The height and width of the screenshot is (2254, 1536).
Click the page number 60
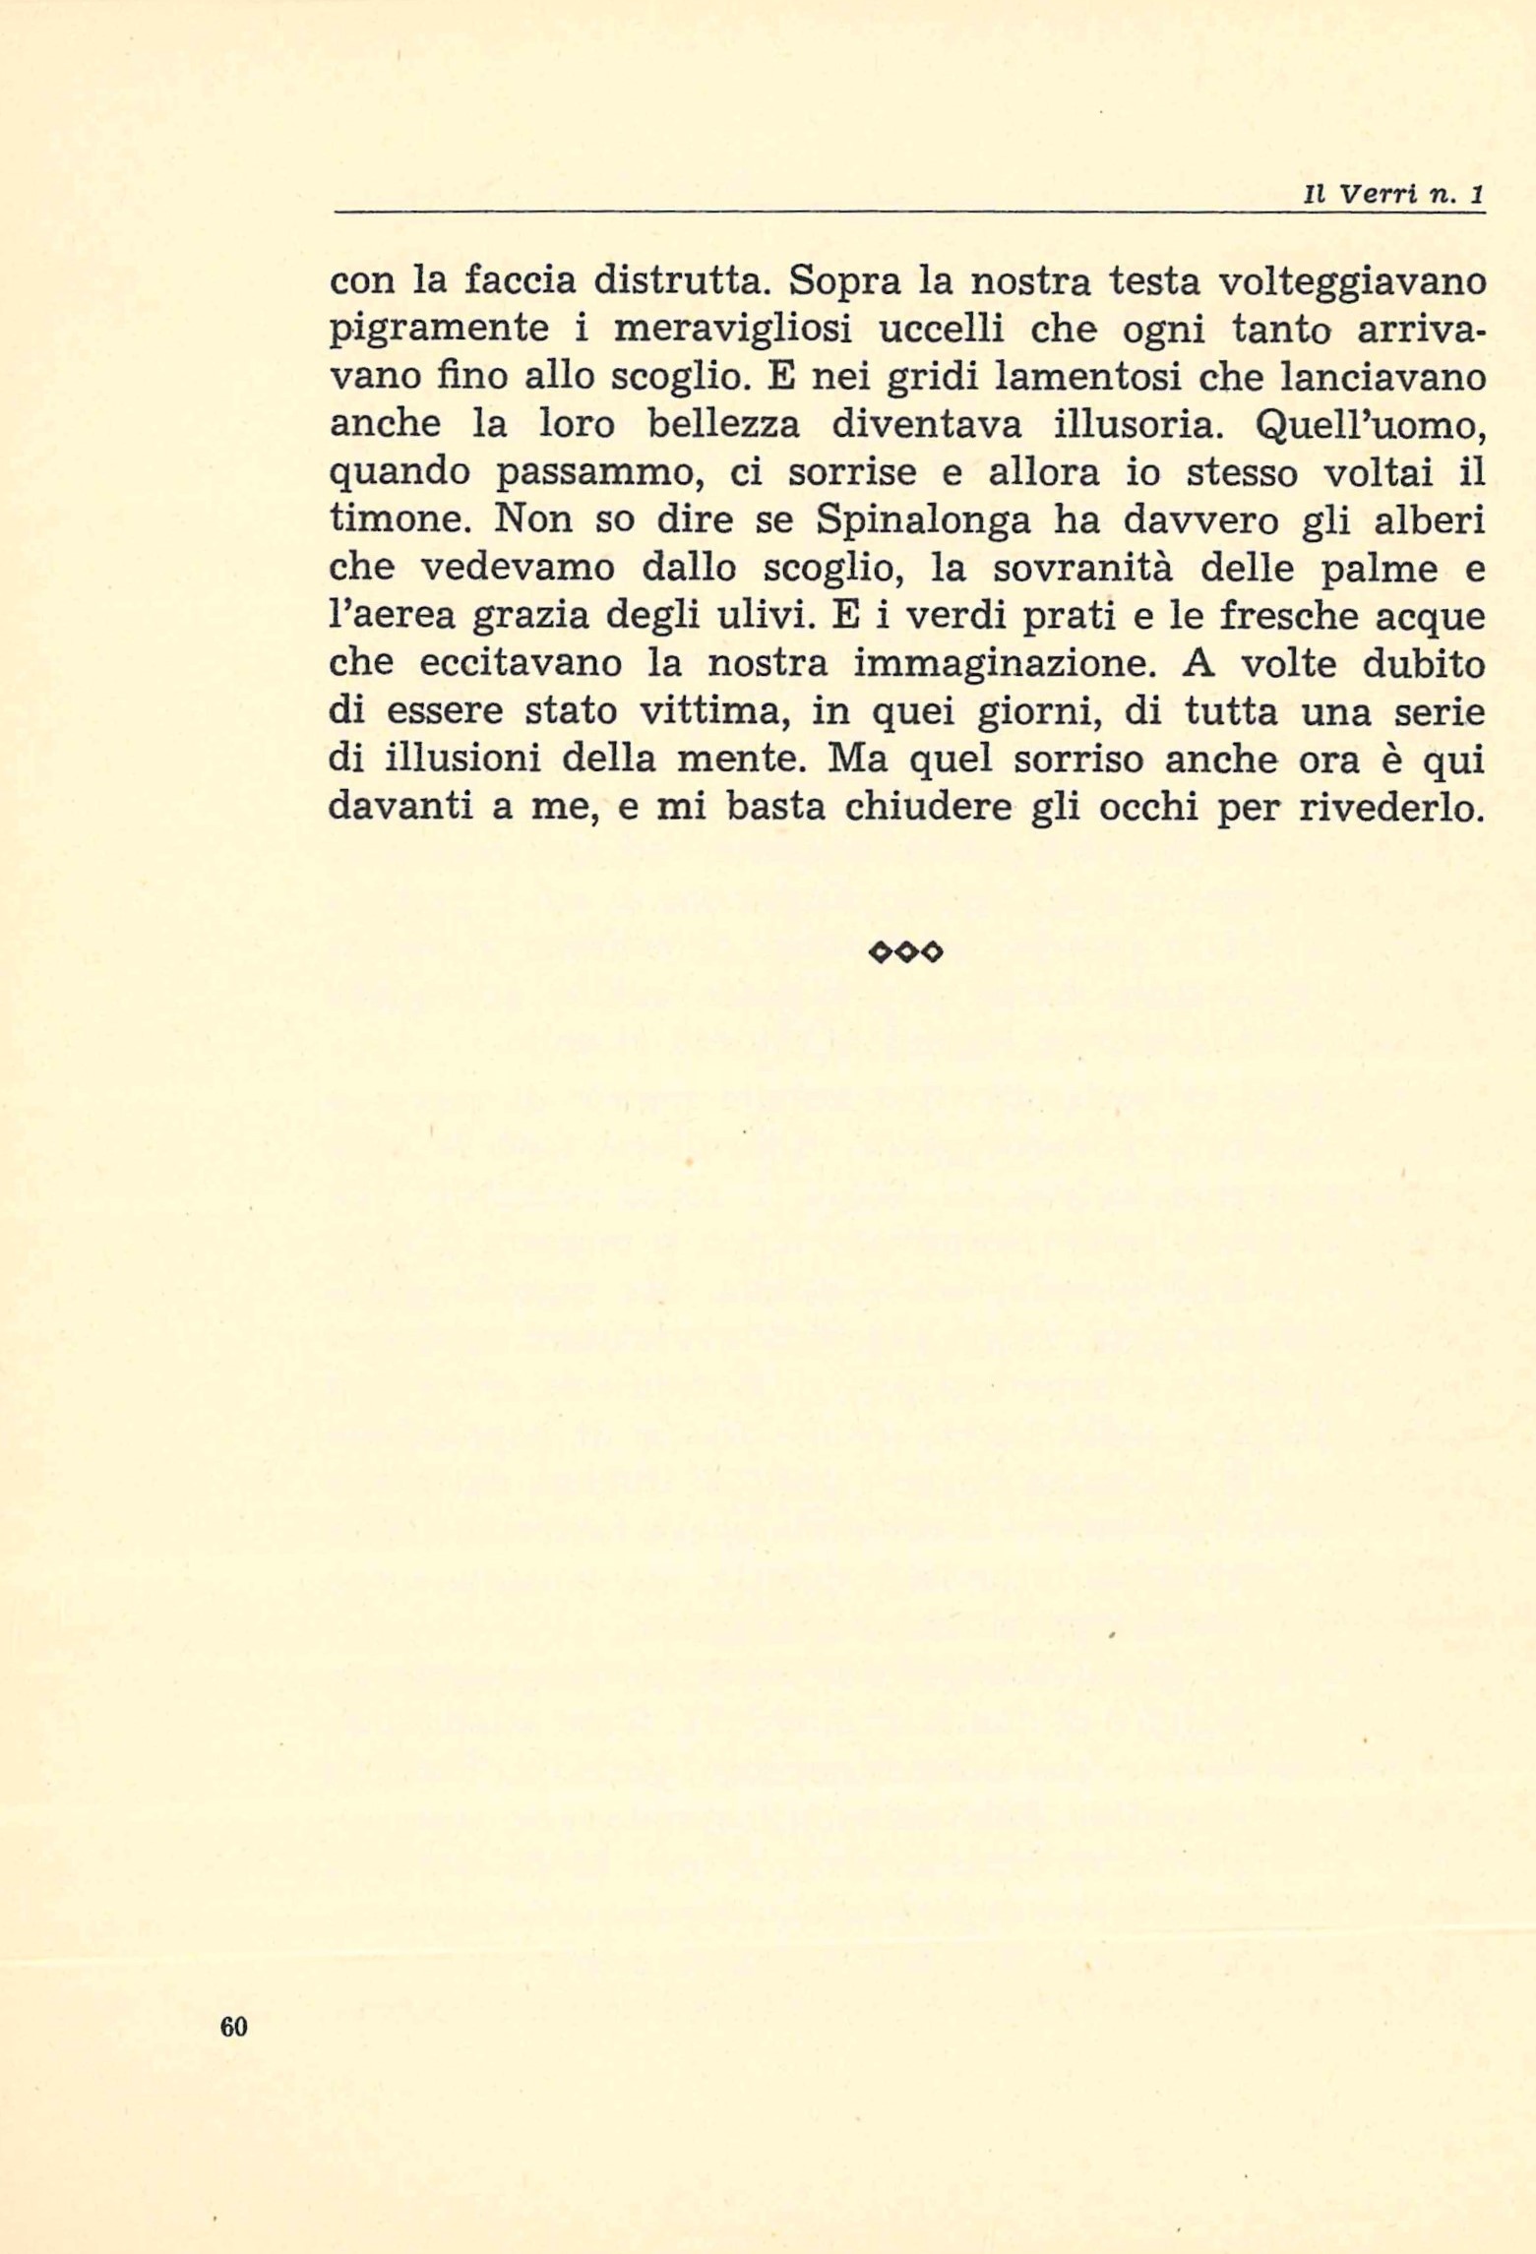pos(233,2026)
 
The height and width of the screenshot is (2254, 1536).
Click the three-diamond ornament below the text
pos(906,951)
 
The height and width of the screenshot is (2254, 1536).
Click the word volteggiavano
pos(1351,281)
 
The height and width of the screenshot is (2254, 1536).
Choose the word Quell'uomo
pos(1370,425)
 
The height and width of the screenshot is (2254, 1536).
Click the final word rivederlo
pos(1390,807)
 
